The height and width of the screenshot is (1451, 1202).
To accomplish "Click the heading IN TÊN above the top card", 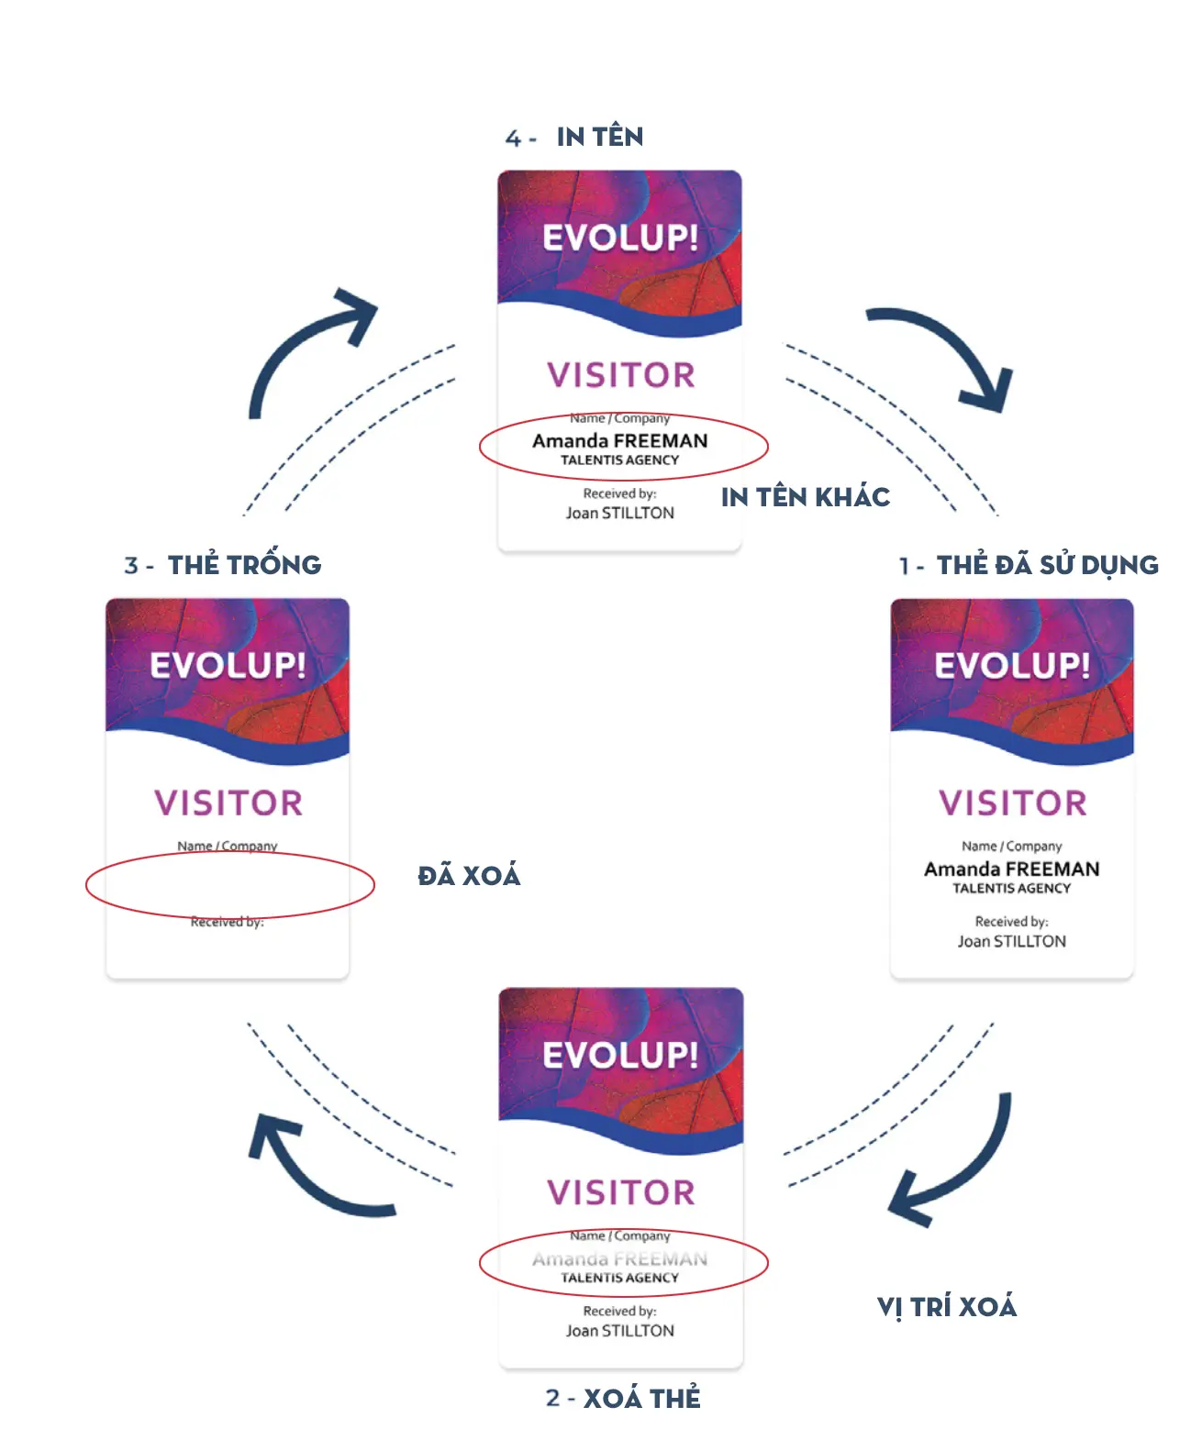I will click(x=599, y=137).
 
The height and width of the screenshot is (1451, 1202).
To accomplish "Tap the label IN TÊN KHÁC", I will click(x=805, y=497).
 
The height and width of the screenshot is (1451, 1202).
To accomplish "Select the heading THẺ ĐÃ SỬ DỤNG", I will click(x=1047, y=565).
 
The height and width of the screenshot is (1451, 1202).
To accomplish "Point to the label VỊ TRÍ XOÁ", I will click(x=946, y=1306).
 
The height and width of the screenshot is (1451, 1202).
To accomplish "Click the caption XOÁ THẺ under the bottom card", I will click(x=641, y=1398).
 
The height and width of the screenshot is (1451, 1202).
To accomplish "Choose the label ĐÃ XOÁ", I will click(x=469, y=876).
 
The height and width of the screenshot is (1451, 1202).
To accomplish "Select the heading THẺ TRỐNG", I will click(x=244, y=565).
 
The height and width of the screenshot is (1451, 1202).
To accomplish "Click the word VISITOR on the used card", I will click(x=1012, y=803).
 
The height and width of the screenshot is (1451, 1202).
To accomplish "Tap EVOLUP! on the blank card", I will click(x=228, y=665).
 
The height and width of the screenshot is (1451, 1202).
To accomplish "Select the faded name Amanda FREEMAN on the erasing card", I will click(x=619, y=1259).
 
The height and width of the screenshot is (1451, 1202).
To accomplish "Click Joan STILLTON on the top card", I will click(x=619, y=514).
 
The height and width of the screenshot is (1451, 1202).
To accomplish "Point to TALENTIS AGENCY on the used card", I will click(x=1011, y=889).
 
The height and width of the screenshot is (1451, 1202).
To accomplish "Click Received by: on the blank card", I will click(x=227, y=922).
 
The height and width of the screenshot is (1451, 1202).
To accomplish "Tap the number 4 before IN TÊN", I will click(x=513, y=138).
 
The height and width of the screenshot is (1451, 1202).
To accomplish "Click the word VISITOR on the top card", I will click(x=620, y=375).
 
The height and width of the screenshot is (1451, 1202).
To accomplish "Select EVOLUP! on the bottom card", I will click(x=620, y=1055).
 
